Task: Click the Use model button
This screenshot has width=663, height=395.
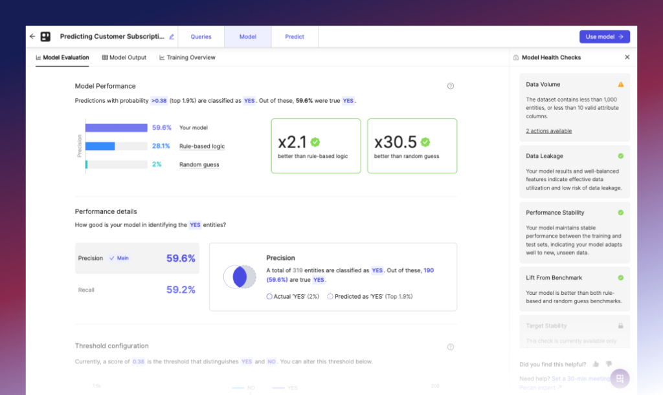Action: click(604, 37)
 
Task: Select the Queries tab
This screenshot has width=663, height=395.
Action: click(201, 37)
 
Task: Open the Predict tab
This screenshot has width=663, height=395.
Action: click(295, 37)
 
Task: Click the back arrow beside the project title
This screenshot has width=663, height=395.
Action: click(32, 37)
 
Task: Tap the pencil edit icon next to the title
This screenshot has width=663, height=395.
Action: click(172, 37)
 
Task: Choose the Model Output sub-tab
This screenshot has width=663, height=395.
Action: click(124, 58)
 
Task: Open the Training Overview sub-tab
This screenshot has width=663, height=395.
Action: click(187, 58)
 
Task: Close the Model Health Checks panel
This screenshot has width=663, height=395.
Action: click(627, 58)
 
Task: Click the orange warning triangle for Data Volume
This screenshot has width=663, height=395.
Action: click(621, 85)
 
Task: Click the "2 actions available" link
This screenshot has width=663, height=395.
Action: click(548, 131)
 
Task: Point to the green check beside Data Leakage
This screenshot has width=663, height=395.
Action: click(621, 156)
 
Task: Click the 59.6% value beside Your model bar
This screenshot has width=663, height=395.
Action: click(162, 128)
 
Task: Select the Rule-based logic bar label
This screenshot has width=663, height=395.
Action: click(202, 147)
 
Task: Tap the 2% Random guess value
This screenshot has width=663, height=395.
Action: click(157, 165)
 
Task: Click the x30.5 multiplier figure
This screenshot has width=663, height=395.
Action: click(395, 142)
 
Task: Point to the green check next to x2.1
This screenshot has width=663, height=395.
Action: click(315, 142)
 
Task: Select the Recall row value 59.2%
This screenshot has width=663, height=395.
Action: click(181, 290)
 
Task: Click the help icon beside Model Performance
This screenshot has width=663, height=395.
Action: click(451, 86)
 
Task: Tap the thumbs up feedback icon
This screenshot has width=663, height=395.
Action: click(596, 364)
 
